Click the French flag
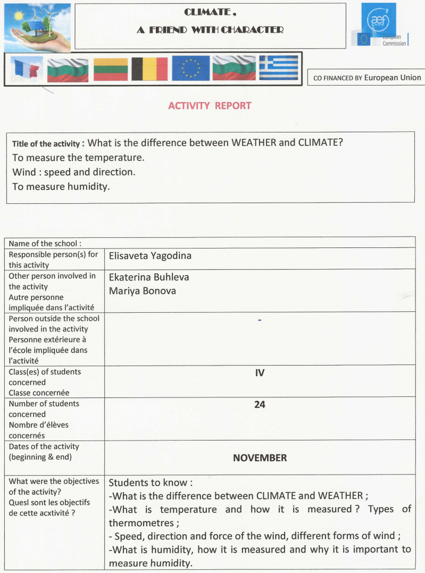coord(27,69)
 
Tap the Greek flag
coord(278,69)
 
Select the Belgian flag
coord(149,69)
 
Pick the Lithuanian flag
coord(111,69)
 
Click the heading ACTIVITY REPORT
coord(210,105)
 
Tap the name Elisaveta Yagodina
coord(150,256)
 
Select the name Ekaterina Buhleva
coord(149,277)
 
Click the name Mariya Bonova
coord(143,291)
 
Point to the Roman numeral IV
coord(260,373)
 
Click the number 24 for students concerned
coord(260,405)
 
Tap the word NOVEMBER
coord(260,458)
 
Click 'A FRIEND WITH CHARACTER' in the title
coord(210,30)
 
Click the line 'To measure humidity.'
coord(61,186)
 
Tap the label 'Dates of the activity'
coord(44,446)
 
